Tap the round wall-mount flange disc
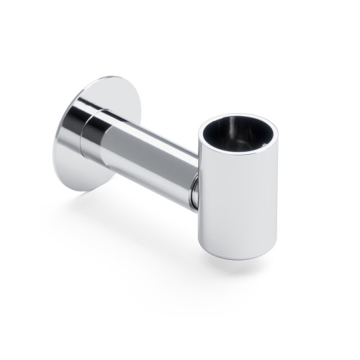[72, 144]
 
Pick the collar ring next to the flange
[91, 133]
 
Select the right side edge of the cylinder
[276, 194]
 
